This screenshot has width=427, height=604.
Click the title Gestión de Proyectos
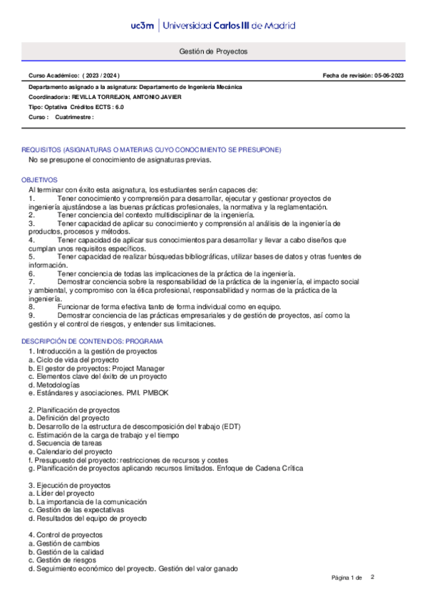[212, 52]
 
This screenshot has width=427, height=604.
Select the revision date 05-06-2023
[389, 75]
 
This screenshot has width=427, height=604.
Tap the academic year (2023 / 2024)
[103, 75]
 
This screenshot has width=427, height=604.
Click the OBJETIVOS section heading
[39, 181]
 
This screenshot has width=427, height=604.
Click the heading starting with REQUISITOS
[151, 150]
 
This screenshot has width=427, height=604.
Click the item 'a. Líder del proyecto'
[61, 493]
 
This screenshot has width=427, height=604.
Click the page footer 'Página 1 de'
[347, 577]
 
